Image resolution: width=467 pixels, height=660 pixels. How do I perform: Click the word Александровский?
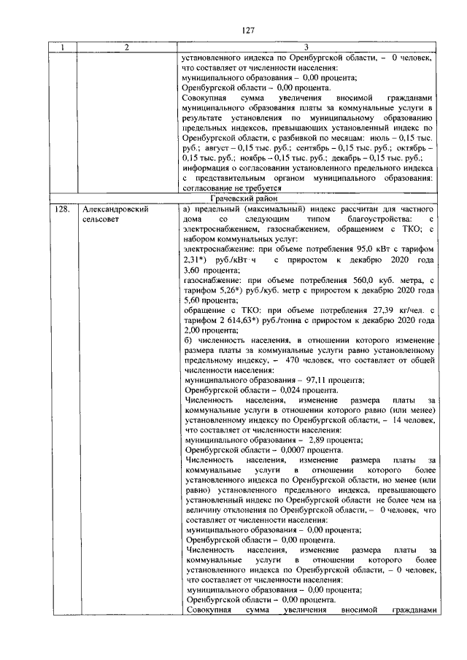click(116, 209)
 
